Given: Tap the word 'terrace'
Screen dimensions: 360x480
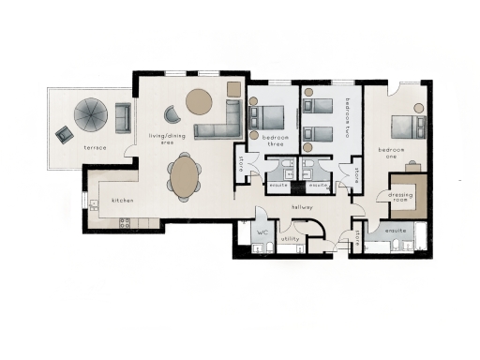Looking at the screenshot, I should tap(95, 148).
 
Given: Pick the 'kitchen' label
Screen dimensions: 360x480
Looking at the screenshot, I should tap(125, 201).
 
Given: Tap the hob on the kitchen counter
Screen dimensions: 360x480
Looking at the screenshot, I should tap(125, 222).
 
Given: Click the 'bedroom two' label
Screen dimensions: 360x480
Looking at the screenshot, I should tap(347, 117).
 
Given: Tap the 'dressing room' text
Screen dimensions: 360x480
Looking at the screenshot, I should tap(401, 197).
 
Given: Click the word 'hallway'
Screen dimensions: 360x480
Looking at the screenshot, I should tap(302, 206).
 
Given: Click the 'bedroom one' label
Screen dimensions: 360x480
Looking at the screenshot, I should tap(391, 152).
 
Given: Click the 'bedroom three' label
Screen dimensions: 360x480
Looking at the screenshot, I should tap(271, 141).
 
